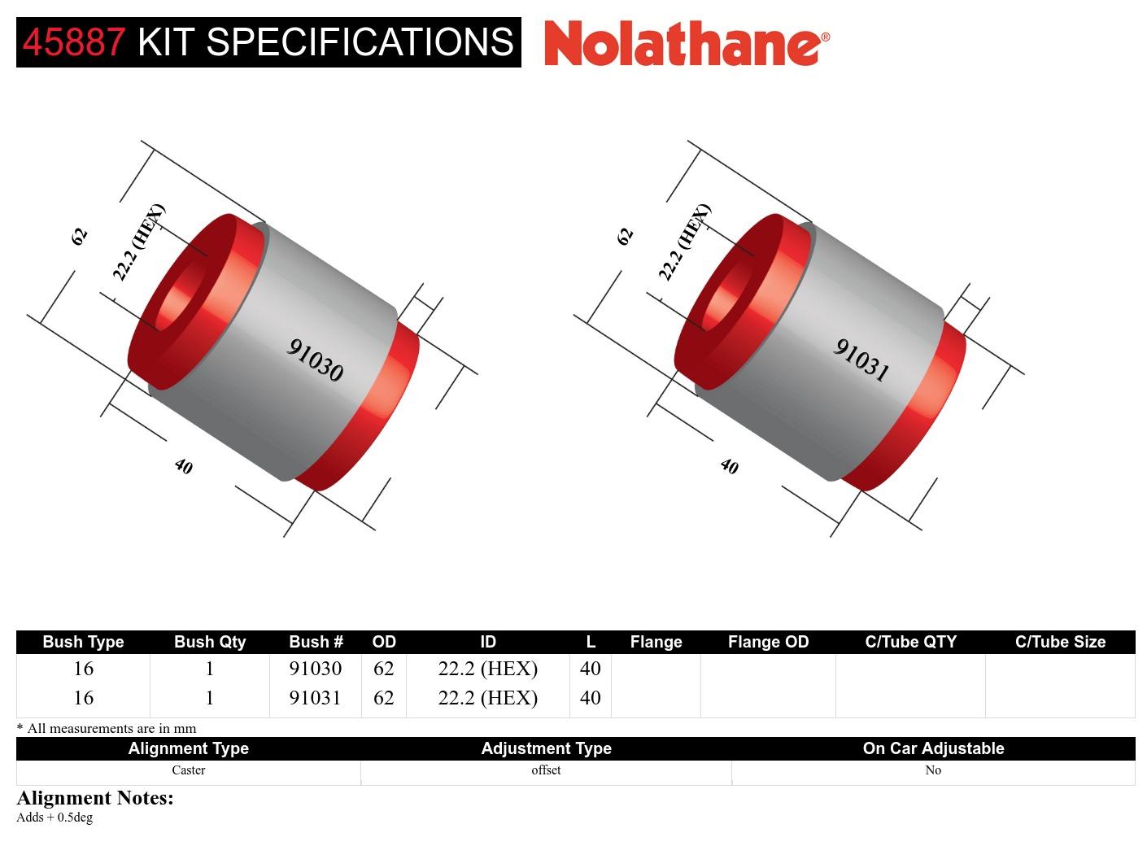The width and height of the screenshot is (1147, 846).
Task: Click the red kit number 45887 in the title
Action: click(74, 42)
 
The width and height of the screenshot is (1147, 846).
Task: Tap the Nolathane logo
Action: click(687, 43)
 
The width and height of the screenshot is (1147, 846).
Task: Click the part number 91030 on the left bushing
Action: click(315, 360)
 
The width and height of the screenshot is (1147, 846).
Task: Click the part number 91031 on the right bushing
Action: click(861, 360)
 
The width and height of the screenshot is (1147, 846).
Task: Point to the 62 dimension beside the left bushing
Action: click(79, 236)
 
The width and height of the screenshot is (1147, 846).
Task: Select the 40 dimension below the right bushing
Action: click(729, 466)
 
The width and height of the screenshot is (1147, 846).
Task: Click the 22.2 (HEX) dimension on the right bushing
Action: click(684, 242)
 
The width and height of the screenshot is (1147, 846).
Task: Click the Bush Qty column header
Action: click(209, 642)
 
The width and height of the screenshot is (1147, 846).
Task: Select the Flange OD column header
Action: click(768, 642)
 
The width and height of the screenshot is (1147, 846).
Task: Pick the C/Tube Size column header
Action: click(1060, 642)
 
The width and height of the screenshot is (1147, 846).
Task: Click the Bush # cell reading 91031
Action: click(315, 698)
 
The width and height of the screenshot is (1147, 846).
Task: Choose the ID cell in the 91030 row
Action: click(487, 669)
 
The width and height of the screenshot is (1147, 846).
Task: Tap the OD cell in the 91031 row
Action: click(383, 698)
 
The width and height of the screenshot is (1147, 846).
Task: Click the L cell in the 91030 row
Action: click(590, 669)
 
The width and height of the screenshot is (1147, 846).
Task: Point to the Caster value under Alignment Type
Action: click(188, 770)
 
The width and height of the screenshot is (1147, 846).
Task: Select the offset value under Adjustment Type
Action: click(546, 770)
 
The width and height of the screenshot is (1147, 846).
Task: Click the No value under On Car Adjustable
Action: click(933, 770)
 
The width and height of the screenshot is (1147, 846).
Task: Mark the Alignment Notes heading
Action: click(95, 798)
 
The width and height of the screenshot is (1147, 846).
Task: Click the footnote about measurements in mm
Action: click(107, 728)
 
